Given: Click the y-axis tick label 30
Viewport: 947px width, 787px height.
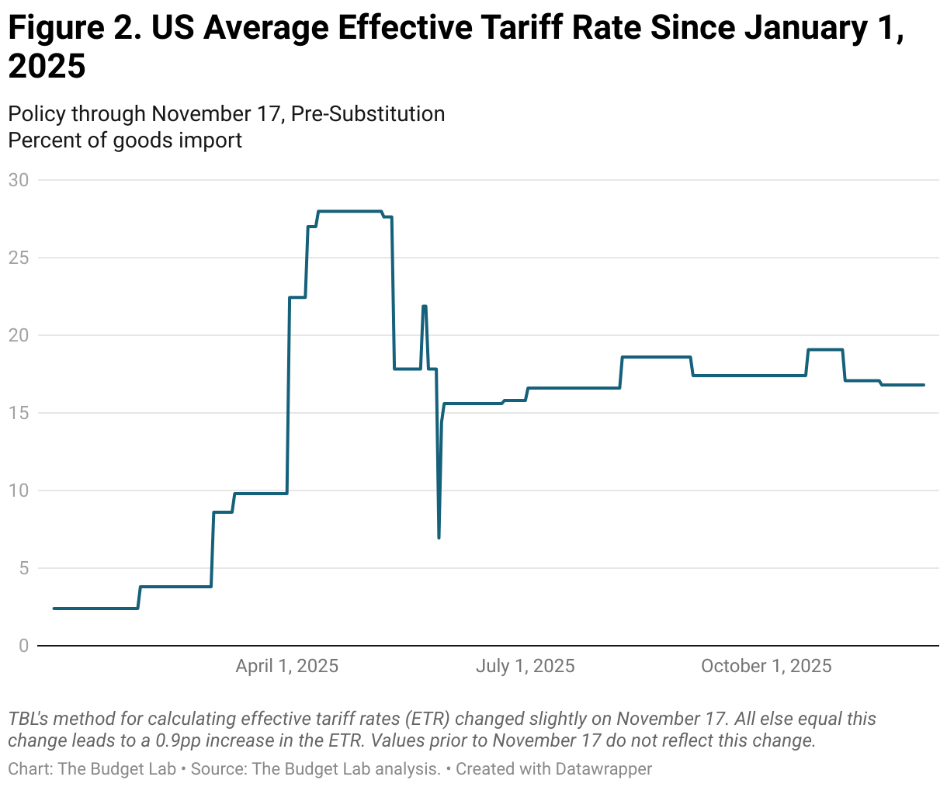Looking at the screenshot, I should [x=18, y=180].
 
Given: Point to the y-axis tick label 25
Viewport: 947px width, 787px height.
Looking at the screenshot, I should [x=18, y=258].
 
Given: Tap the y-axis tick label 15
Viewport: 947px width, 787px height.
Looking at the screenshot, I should [x=18, y=413].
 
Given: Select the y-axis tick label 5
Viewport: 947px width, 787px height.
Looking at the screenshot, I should [x=23, y=568].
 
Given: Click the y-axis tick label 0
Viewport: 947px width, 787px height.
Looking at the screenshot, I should [x=23, y=646].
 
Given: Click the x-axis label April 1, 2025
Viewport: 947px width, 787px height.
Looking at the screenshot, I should [x=287, y=666].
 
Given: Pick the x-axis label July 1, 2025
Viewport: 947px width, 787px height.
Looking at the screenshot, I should [x=525, y=666].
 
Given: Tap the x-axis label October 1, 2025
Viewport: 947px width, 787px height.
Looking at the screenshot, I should [x=765, y=666].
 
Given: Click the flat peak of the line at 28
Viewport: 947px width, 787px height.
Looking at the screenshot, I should [x=349, y=211].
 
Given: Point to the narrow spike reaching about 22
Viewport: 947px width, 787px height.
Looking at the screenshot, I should [x=424, y=307].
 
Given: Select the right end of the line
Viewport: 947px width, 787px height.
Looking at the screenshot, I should [x=924, y=385].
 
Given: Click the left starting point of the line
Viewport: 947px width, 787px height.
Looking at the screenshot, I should [x=54, y=608].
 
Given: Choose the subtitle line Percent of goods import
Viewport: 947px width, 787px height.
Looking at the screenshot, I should [x=125, y=140].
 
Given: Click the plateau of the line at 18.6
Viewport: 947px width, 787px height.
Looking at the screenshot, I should [x=656, y=357].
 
